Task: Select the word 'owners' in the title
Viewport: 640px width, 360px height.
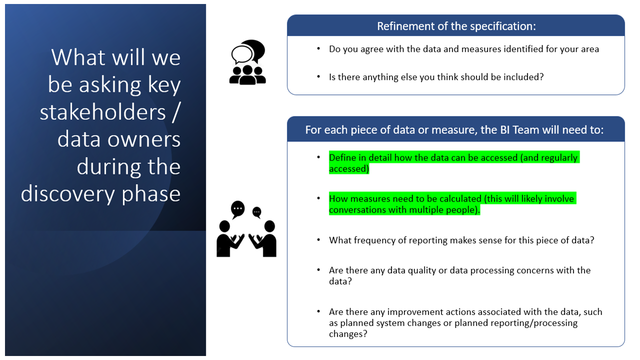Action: coord(143,140)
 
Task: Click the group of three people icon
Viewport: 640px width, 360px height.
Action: coord(247,75)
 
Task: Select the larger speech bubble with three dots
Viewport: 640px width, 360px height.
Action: coord(237,209)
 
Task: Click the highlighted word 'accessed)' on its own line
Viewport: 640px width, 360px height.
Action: coord(349,169)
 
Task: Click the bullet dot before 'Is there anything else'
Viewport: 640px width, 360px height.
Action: coord(318,76)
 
